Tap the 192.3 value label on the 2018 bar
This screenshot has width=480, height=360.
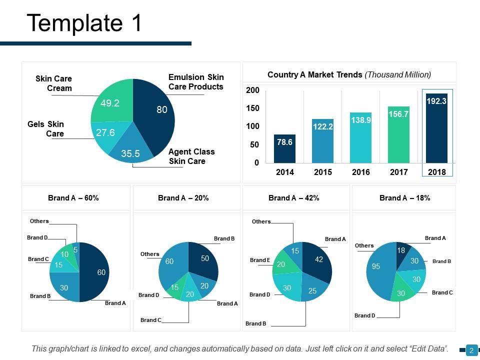point(436,101)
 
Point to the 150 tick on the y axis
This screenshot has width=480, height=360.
point(253,108)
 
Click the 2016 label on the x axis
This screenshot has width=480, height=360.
point(360,172)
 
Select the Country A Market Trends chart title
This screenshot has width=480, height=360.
point(349,74)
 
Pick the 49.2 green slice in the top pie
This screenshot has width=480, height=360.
point(111,103)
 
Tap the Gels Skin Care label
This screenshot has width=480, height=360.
point(48,129)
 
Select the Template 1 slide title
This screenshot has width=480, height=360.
point(84,23)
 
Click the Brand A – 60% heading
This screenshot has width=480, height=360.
point(73,198)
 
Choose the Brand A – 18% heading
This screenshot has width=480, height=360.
point(404,198)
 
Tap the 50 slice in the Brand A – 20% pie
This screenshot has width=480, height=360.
point(203,260)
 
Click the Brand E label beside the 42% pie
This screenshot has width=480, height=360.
point(259,260)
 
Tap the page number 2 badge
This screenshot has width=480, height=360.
point(471,351)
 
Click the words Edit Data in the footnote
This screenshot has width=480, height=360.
point(426,348)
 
